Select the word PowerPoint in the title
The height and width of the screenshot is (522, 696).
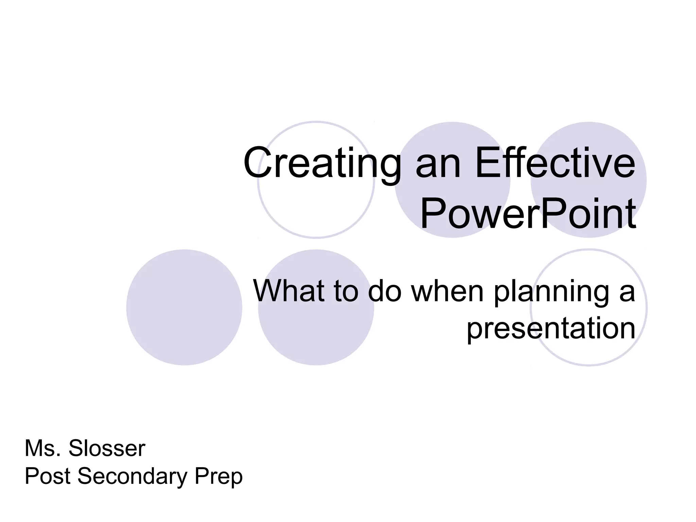[x=528, y=214]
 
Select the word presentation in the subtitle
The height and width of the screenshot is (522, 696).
[x=551, y=329]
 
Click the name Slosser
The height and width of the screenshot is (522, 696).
[x=107, y=449]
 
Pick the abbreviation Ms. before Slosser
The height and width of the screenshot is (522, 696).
[x=43, y=449]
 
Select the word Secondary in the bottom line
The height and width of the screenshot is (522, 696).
[x=133, y=477]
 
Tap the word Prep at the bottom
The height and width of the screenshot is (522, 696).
[x=219, y=477]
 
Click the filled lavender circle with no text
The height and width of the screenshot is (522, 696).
[x=184, y=308]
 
